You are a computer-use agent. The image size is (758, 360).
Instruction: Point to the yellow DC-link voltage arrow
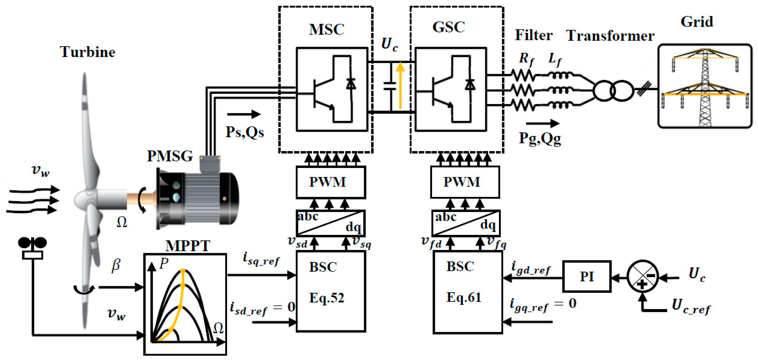pyautogui.click(x=400, y=85)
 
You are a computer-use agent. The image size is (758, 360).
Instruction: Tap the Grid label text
pyautogui.click(x=697, y=22)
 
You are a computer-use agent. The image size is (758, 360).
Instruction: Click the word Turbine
pyautogui.click(x=88, y=52)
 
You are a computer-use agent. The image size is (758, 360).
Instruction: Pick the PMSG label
pyautogui.click(x=170, y=156)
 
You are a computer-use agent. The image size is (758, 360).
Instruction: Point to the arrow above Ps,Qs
pyautogui.click(x=244, y=114)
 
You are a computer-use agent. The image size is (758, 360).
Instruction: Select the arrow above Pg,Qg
pyautogui.click(x=542, y=123)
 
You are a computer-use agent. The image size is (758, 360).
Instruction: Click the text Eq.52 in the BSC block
pyautogui.click(x=327, y=298)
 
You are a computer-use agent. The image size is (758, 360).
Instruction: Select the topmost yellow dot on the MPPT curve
pyautogui.click(x=183, y=271)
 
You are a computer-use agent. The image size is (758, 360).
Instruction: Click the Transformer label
pyautogui.click(x=610, y=36)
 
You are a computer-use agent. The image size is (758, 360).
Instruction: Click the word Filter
pyautogui.click(x=533, y=35)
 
